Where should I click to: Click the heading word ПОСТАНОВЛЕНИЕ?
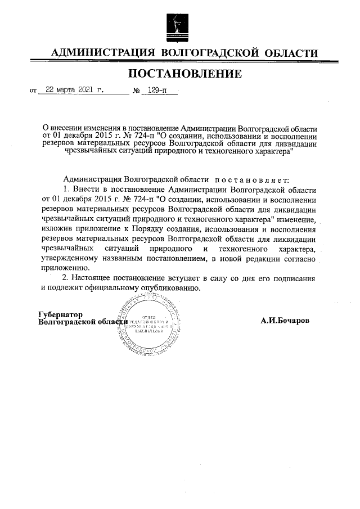pos(186,74)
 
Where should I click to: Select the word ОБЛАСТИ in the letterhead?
pos(289,53)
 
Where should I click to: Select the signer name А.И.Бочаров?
pos(285,321)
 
